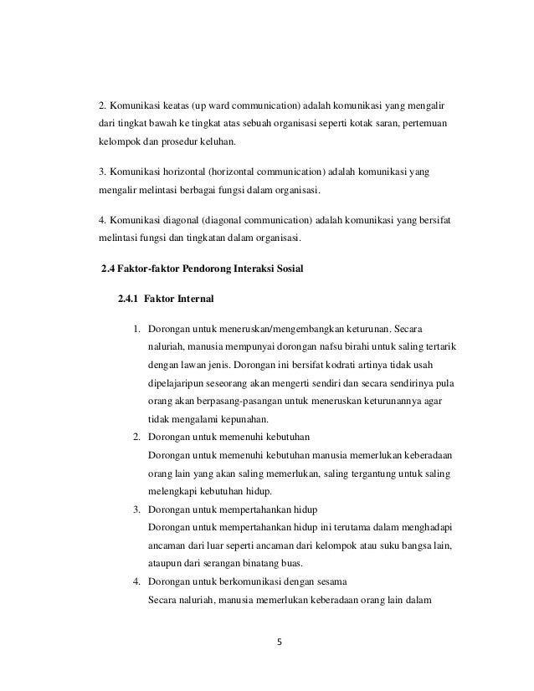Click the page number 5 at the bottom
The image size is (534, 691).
[x=281, y=643]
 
